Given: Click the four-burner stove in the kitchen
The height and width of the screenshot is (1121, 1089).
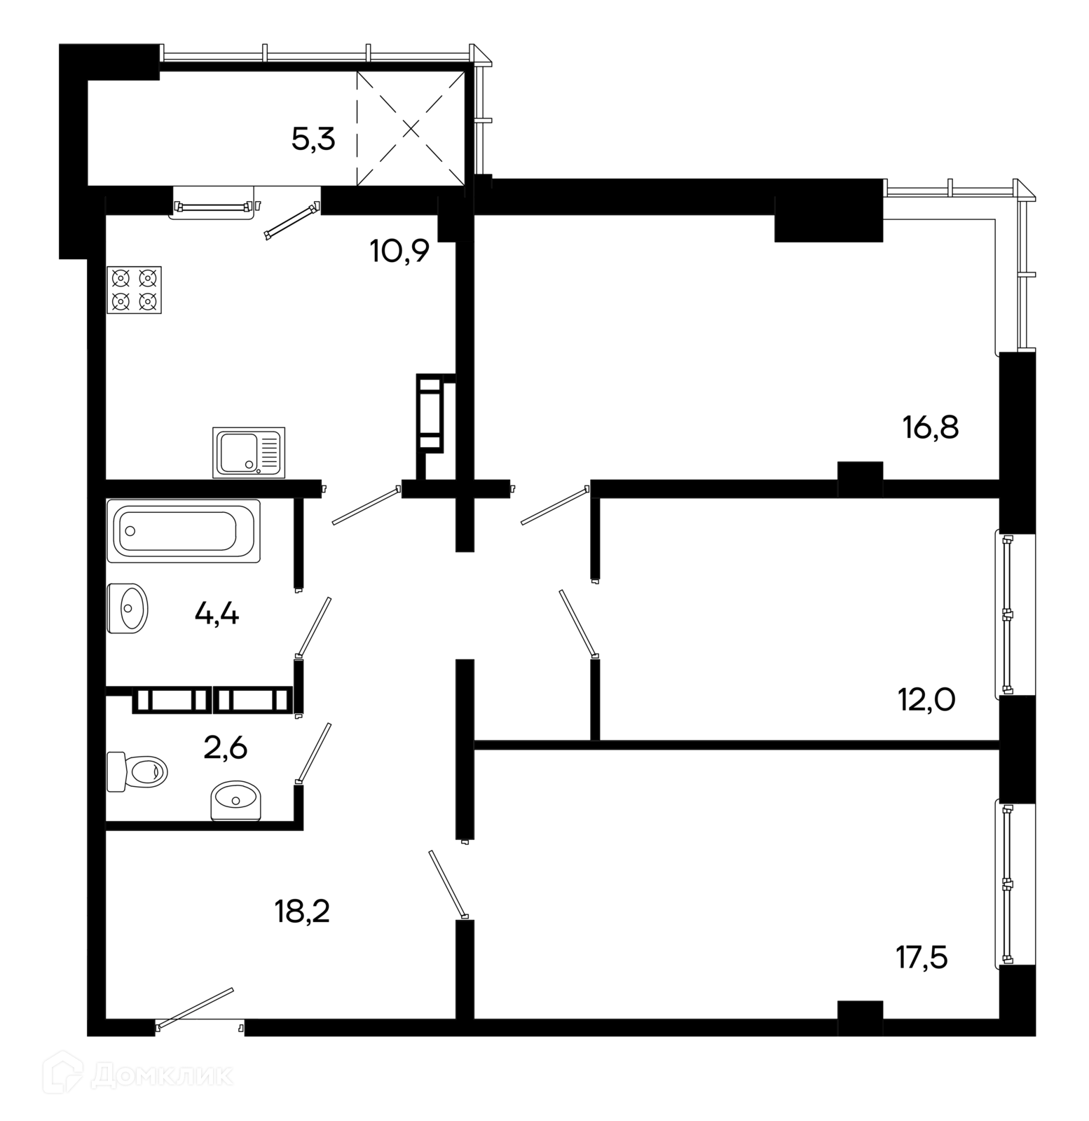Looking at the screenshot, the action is [134, 289].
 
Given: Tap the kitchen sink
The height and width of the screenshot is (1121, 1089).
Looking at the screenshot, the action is [249, 452].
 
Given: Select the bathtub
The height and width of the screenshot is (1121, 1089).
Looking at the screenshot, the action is [184, 530].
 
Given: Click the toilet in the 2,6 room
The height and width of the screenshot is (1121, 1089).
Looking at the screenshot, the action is [137, 771].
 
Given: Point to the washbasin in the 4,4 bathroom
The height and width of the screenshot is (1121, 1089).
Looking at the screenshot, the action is [128, 608].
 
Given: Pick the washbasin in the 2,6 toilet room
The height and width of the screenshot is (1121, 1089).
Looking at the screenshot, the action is [235, 800].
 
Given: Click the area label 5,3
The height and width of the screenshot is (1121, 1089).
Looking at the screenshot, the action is [313, 140].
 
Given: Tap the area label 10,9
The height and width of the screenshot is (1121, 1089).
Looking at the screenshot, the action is [399, 250].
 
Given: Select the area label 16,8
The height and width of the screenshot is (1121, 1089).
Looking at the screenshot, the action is [931, 427].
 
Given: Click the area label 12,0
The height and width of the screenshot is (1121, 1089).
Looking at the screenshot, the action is [926, 699].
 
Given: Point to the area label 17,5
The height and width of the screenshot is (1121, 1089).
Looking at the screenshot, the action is [922, 957].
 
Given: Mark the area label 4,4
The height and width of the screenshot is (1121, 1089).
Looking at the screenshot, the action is [217, 615].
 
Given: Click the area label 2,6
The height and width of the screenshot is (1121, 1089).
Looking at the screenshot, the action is [225, 748].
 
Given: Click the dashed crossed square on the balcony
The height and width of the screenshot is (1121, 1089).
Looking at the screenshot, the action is [411, 128].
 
